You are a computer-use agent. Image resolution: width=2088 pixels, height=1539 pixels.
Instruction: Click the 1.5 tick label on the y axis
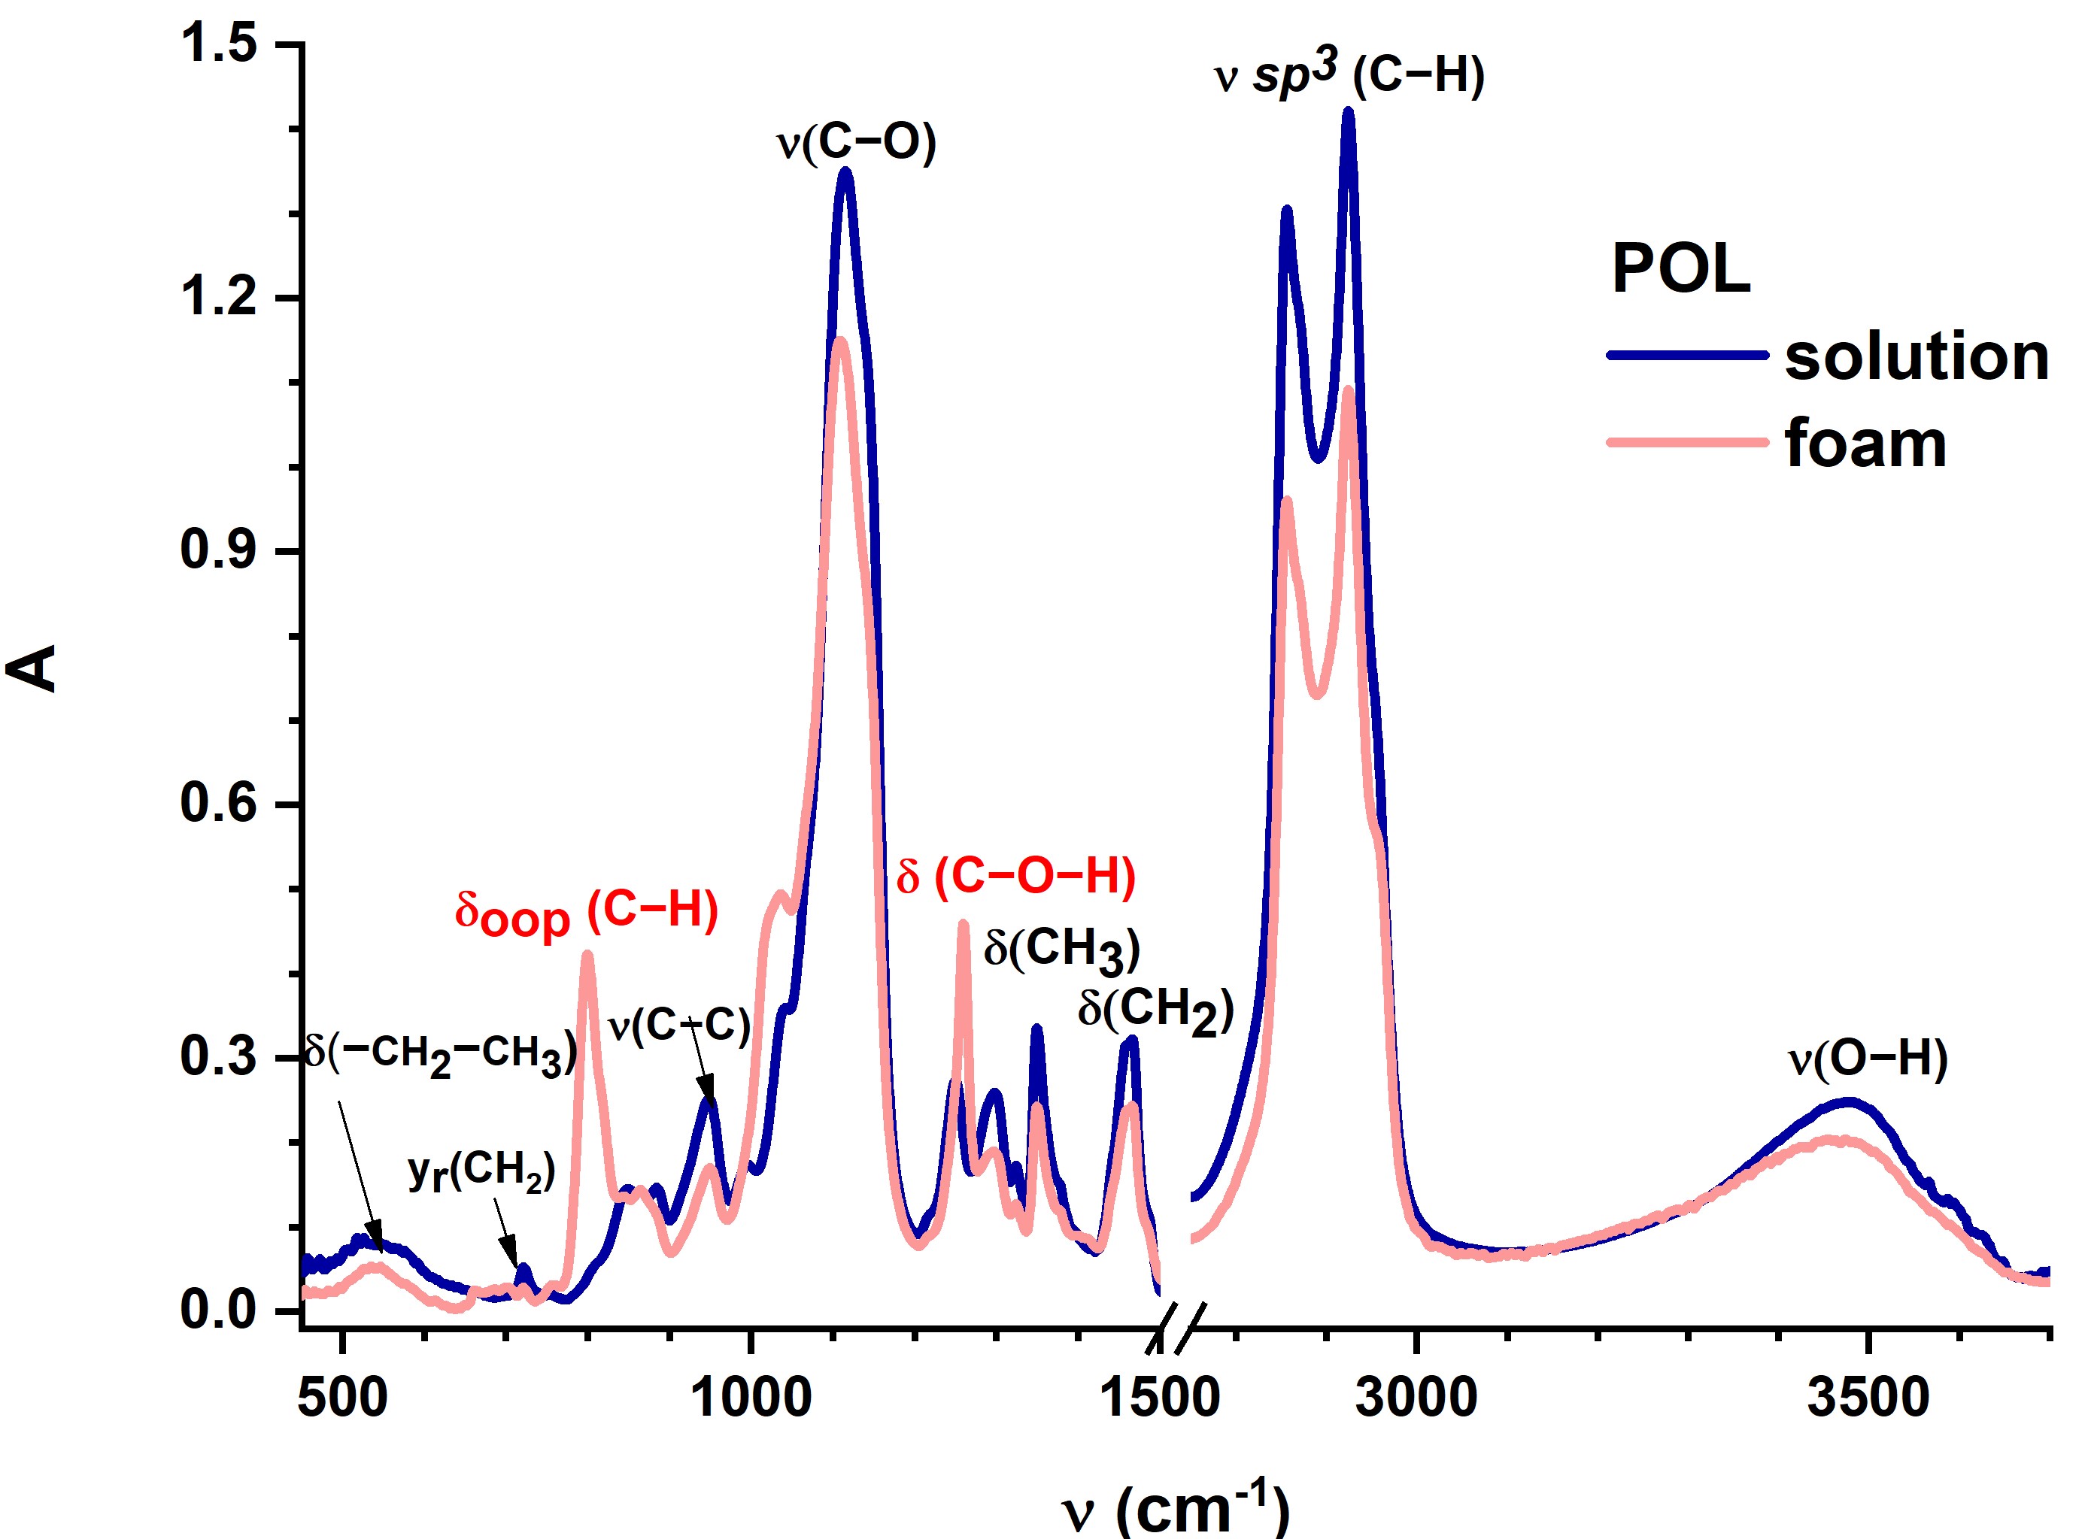point(218,44)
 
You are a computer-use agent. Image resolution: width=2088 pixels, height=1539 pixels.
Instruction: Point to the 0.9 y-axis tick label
point(218,550)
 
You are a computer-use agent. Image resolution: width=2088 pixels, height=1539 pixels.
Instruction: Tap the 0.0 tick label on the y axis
point(218,1310)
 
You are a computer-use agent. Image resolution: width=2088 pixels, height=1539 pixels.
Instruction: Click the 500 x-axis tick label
point(343,1398)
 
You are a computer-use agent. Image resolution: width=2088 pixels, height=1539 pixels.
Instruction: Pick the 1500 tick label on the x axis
point(1159,1398)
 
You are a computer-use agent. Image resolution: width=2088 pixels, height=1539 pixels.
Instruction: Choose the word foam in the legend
point(1865,444)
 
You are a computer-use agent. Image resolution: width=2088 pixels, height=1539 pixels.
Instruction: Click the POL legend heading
point(1681,270)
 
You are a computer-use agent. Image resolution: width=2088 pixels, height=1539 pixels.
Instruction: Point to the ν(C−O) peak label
point(856,143)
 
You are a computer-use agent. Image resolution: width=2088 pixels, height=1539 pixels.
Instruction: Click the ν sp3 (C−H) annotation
point(1349,74)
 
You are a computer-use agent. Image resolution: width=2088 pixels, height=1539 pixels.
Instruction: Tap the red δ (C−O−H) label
point(1015,876)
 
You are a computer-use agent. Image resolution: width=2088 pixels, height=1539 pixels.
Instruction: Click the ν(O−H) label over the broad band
point(1867,1059)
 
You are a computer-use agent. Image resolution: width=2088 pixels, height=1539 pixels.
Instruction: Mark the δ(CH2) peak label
point(1155,1010)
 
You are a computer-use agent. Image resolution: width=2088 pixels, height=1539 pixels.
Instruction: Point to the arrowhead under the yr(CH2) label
point(511,1257)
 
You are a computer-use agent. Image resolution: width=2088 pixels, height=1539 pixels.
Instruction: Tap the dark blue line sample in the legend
point(1687,355)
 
